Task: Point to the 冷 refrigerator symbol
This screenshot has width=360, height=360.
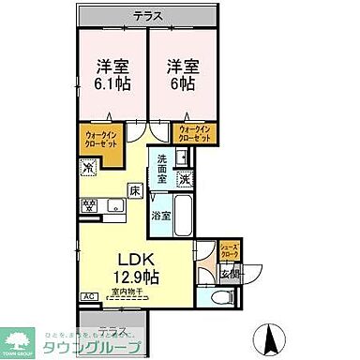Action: coord(89,170)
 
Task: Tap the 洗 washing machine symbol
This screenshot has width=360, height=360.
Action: coord(187,179)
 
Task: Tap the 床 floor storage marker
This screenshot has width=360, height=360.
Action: coord(135,190)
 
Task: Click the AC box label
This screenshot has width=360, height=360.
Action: coord(89,296)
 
